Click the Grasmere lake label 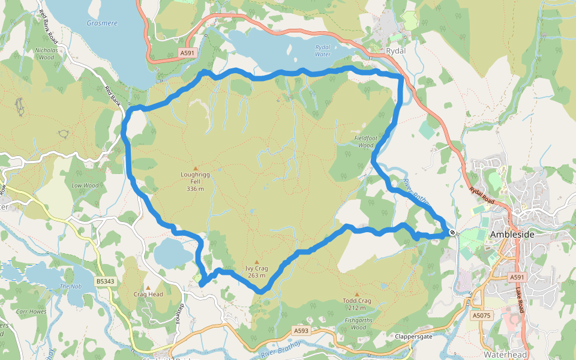[x=101, y=24]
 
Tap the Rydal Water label [x=323, y=50]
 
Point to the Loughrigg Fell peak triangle [x=195, y=169]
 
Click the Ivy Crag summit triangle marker [x=256, y=262]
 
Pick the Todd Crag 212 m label [x=357, y=304]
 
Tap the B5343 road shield [x=104, y=281]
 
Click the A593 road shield [x=301, y=331]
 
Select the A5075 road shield [x=481, y=315]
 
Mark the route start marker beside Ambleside [x=452, y=232]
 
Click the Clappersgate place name [x=414, y=337]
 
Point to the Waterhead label [x=505, y=355]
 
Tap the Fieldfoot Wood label [x=365, y=142]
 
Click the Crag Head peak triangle [x=148, y=288]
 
